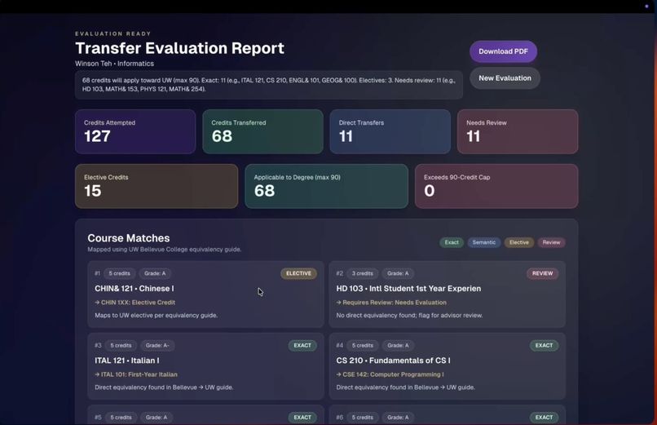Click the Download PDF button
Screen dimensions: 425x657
click(x=503, y=51)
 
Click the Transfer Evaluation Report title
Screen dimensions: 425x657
click(x=179, y=48)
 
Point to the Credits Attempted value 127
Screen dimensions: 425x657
click(x=97, y=136)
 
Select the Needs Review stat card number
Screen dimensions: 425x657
click(x=473, y=136)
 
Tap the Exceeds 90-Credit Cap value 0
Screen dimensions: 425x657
click(x=430, y=191)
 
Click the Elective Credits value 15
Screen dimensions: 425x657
click(x=93, y=191)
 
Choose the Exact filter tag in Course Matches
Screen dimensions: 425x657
click(x=452, y=242)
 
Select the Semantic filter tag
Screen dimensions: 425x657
click(x=483, y=242)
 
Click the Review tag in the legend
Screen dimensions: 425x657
click(x=552, y=242)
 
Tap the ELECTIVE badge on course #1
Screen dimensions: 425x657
click(x=298, y=273)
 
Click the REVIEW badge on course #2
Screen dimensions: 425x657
click(x=542, y=273)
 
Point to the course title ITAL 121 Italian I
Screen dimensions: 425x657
click(x=127, y=360)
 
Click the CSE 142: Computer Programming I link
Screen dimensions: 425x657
click(x=392, y=374)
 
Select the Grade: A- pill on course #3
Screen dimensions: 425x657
click(x=157, y=345)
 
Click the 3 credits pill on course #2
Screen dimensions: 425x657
click(x=363, y=273)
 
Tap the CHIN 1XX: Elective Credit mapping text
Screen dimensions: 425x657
click(x=137, y=303)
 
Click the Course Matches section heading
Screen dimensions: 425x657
click(x=129, y=237)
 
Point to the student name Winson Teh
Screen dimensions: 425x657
click(x=93, y=64)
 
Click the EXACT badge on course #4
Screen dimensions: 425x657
click(x=544, y=345)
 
